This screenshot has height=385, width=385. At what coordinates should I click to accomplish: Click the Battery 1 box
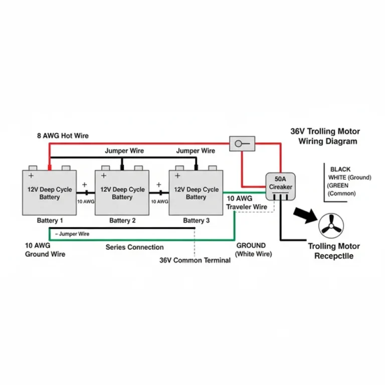pos(49,193)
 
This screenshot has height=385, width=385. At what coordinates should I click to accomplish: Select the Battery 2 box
pos(122,193)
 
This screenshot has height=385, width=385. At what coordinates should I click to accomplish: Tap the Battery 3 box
pos(196,193)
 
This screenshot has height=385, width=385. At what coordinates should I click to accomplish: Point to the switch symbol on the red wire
pos(242,144)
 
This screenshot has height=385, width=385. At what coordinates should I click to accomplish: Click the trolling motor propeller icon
pos(331,225)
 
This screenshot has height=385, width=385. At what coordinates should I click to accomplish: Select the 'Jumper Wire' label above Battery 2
pos(124,151)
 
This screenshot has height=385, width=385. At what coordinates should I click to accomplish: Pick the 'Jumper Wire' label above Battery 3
pos(196,151)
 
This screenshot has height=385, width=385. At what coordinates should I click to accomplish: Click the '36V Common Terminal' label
pos(195,261)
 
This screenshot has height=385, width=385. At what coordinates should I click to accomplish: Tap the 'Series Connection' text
pos(134,247)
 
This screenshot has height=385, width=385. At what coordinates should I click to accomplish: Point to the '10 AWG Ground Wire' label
pos(45,250)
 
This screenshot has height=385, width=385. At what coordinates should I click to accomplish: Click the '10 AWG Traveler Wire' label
pos(246,203)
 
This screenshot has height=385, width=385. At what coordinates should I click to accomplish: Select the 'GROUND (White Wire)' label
pos(254,250)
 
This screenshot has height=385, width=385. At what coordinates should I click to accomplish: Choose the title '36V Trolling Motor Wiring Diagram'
pos(325,136)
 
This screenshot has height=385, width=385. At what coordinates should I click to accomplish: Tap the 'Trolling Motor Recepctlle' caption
pos(333,251)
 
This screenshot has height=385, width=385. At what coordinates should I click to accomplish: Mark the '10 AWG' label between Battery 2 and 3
pos(159,202)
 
